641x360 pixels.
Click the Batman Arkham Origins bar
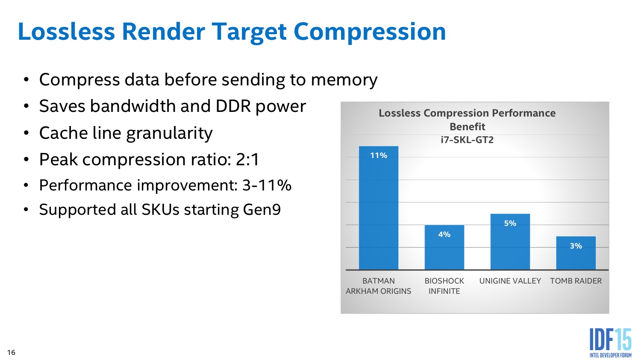[x=379, y=208]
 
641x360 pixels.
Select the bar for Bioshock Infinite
[x=444, y=247]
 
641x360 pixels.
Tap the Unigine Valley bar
[x=510, y=242]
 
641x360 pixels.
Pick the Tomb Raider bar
[x=576, y=253]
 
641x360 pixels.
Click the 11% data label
[x=379, y=155]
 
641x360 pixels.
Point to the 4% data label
[x=444, y=234]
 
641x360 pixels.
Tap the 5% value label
[x=510, y=223]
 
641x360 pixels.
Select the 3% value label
[x=576, y=246]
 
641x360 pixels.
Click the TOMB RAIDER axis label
[x=576, y=281]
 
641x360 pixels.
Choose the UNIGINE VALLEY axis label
[x=510, y=281]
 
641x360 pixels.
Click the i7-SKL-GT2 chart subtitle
[x=467, y=140]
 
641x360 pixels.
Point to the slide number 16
[x=11, y=352]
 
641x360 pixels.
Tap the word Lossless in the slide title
[x=66, y=32]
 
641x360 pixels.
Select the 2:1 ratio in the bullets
[x=247, y=159]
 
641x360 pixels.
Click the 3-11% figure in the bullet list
[x=267, y=185]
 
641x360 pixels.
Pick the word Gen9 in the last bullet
[x=262, y=210]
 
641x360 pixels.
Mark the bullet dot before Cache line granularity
[x=26, y=133]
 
